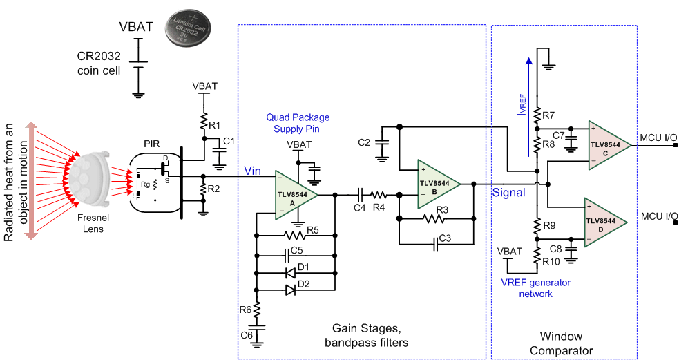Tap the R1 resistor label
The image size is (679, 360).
point(215,126)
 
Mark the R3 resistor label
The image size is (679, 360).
point(442,209)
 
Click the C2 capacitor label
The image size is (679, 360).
point(365,142)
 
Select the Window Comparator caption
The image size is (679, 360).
point(561,343)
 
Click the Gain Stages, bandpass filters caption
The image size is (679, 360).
point(365,334)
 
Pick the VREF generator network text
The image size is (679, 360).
point(536,287)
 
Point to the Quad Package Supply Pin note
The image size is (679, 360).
point(298,122)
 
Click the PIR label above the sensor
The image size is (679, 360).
point(152,143)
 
